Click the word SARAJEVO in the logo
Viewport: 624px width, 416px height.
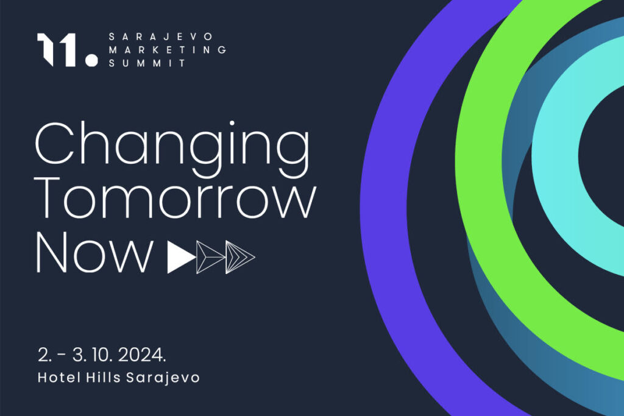[x=161, y=37]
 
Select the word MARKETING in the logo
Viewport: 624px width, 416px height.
[x=168, y=50]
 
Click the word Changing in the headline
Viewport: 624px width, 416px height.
[x=172, y=149]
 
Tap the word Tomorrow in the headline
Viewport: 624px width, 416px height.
[x=176, y=199]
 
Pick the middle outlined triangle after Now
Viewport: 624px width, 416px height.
[x=210, y=257]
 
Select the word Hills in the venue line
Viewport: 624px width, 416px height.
[x=104, y=377]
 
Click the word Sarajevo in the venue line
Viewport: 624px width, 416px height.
[x=163, y=378]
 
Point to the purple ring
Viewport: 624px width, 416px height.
[x=383, y=207]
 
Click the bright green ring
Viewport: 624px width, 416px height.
[x=480, y=159]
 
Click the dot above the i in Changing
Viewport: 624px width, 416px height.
[x=232, y=124]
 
